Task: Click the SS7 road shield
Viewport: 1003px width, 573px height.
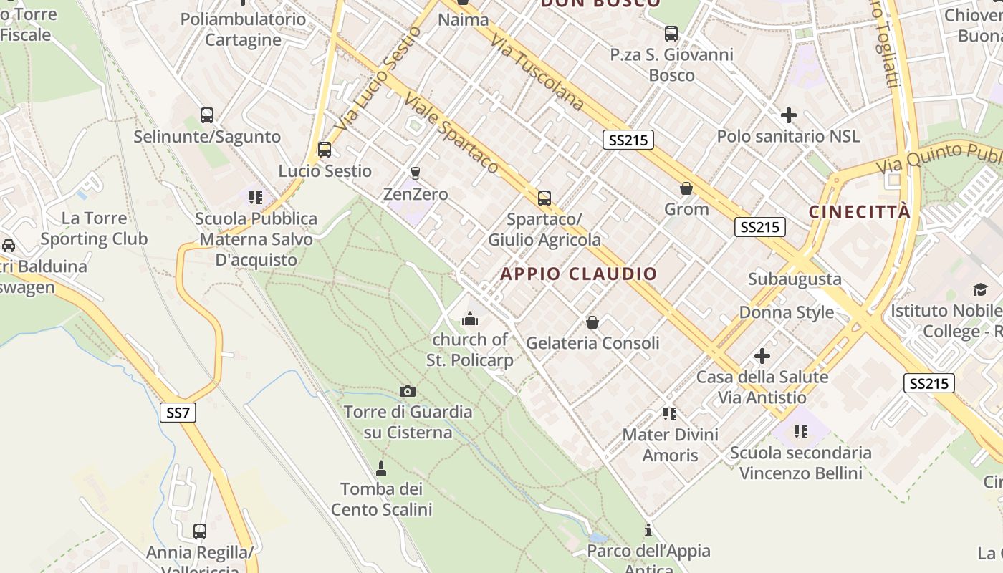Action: [178, 413]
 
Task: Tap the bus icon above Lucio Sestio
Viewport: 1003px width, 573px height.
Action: [325, 150]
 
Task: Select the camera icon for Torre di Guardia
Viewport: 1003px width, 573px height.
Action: [408, 391]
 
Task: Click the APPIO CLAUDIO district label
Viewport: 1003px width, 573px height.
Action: [578, 274]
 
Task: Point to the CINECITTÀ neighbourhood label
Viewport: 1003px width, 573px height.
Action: [860, 212]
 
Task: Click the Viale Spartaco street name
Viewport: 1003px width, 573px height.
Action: [451, 133]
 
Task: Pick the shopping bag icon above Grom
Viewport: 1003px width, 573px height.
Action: [686, 188]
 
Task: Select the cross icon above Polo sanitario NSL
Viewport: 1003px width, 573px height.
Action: [788, 115]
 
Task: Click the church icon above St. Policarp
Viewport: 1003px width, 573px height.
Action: [470, 319]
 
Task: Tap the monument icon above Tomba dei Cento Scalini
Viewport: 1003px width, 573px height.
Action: [381, 468]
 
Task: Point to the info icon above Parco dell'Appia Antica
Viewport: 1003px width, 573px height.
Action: [648, 530]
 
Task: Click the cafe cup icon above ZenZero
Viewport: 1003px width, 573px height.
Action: [415, 173]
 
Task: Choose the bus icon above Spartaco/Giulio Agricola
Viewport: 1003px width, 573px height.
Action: [544, 198]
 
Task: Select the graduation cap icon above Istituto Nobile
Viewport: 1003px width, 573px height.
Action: [979, 289]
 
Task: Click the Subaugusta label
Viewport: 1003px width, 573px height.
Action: [795, 279]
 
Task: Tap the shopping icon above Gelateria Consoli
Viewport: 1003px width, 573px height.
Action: [592, 322]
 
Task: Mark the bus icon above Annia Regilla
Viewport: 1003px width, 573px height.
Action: [200, 531]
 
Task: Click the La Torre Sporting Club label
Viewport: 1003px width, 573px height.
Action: [94, 228]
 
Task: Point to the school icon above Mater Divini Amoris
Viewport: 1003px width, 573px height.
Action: [670, 414]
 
